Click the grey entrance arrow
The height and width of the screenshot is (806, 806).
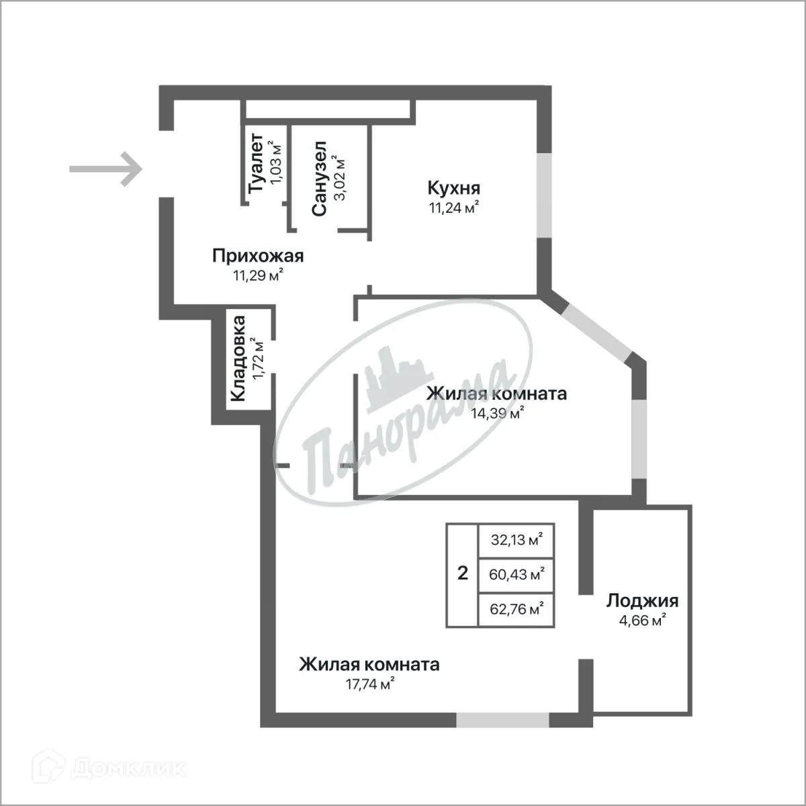pyautogui.click(x=106, y=168)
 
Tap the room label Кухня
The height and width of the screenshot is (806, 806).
pyautogui.click(x=454, y=187)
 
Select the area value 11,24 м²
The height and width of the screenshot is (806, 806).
pyautogui.click(x=454, y=208)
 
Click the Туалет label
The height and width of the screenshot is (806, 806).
pyautogui.click(x=256, y=165)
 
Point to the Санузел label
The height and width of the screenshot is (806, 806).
pyautogui.click(x=320, y=179)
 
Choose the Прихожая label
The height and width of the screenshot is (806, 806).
pyautogui.click(x=258, y=256)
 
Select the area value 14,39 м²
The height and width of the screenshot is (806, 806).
pyautogui.click(x=497, y=414)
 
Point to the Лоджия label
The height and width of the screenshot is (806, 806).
pyautogui.click(x=642, y=600)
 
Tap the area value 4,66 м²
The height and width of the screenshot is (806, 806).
pyautogui.click(x=642, y=619)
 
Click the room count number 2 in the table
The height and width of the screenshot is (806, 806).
pyautogui.click(x=462, y=574)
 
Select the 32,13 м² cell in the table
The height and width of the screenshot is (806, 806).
pyautogui.click(x=517, y=540)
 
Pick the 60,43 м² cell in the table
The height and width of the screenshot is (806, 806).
pyautogui.click(x=517, y=575)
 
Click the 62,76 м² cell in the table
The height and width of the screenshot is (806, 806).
pyautogui.click(x=517, y=610)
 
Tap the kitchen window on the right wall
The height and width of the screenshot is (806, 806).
pyautogui.click(x=543, y=195)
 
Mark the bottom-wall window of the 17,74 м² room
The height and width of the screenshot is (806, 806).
pyautogui.click(x=502, y=720)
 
